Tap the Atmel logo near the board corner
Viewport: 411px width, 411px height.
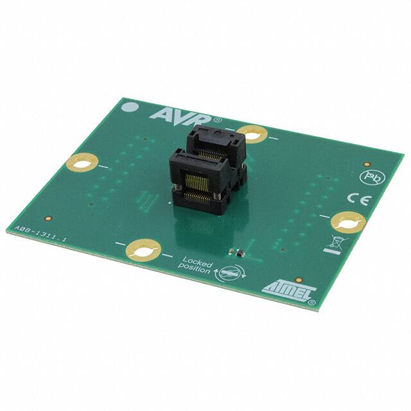[x=283, y=286]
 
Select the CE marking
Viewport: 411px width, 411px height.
[x=355, y=198]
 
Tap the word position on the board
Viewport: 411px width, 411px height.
[x=195, y=270]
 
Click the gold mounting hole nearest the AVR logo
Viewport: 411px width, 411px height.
[x=252, y=134]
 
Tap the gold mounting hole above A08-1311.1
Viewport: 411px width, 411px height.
[x=81, y=162]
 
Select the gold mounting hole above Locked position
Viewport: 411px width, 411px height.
[x=143, y=249]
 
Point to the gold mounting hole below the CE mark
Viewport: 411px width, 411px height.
[x=348, y=222]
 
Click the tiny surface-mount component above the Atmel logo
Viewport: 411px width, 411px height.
[x=235, y=253]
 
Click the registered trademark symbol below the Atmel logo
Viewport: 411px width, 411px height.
[x=311, y=299]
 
